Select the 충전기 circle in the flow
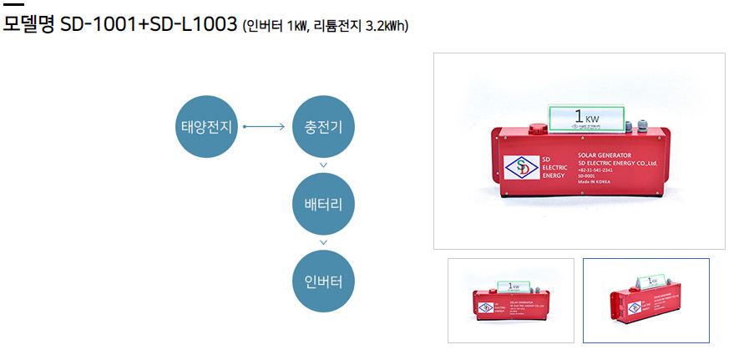(323, 127)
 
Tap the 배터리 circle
(323, 203)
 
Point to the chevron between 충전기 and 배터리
(323, 165)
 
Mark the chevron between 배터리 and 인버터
(323, 242)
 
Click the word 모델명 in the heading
(29, 24)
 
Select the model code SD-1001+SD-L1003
(149, 24)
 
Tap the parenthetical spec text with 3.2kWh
(326, 26)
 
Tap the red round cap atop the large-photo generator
(538, 127)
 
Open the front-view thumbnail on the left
(511, 300)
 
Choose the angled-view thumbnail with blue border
(645, 300)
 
